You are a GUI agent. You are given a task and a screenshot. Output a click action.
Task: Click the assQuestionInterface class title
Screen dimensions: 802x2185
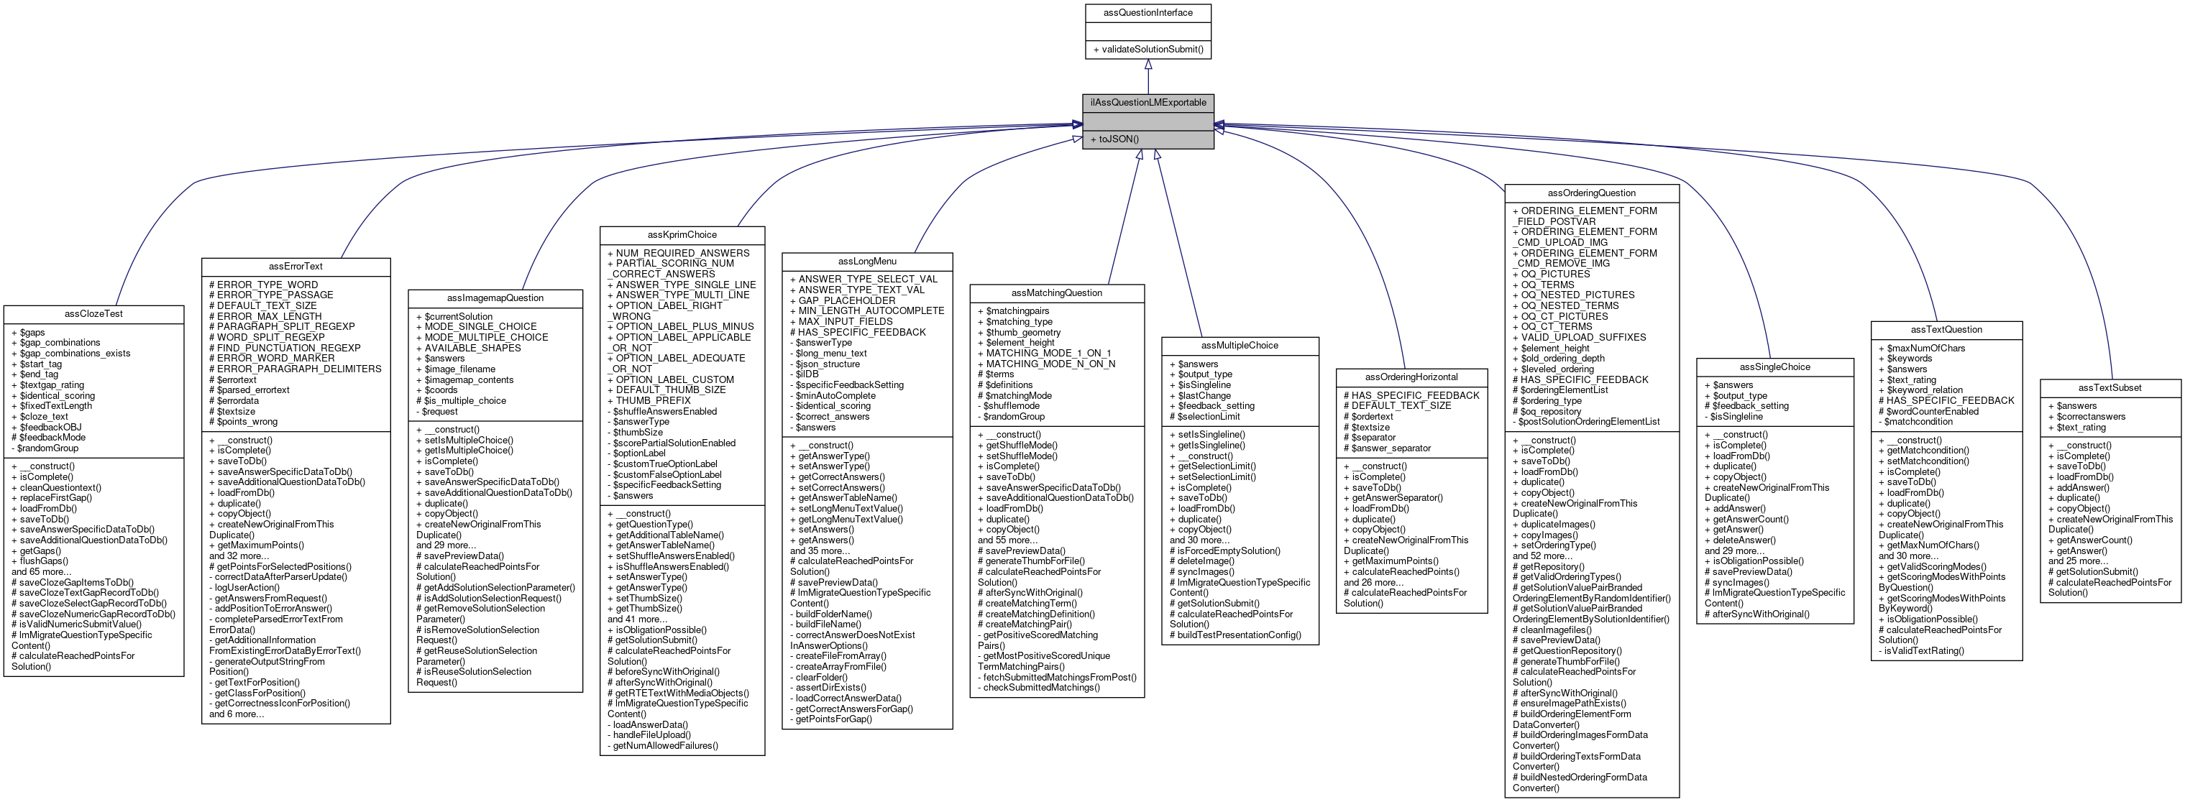coord(1148,13)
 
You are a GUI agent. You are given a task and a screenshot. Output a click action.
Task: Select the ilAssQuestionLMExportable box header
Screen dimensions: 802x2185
coord(1148,103)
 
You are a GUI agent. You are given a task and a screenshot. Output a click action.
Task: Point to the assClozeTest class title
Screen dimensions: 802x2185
coord(93,313)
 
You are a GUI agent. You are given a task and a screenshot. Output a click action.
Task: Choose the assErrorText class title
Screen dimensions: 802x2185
coord(296,266)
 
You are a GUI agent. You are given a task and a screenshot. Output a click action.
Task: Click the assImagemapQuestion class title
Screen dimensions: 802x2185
coord(495,298)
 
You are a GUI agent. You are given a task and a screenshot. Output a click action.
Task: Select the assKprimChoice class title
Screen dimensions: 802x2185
coord(682,235)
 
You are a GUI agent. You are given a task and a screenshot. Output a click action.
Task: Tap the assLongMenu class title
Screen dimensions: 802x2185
coord(867,261)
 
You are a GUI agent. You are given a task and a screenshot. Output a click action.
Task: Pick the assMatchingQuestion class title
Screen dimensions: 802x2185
coord(1057,292)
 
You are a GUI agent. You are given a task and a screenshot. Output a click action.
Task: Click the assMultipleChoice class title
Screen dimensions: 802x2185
coord(1240,345)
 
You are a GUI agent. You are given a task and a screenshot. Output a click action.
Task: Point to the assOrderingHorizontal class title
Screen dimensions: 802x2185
coord(1411,377)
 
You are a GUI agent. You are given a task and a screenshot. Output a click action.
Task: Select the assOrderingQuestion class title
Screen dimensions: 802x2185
coord(1591,193)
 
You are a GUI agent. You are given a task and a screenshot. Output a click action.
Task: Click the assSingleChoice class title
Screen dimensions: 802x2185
coord(1774,367)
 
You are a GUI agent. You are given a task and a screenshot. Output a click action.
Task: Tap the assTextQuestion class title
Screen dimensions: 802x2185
coord(1946,329)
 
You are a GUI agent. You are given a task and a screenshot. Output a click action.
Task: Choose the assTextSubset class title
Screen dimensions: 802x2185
coord(2110,387)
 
